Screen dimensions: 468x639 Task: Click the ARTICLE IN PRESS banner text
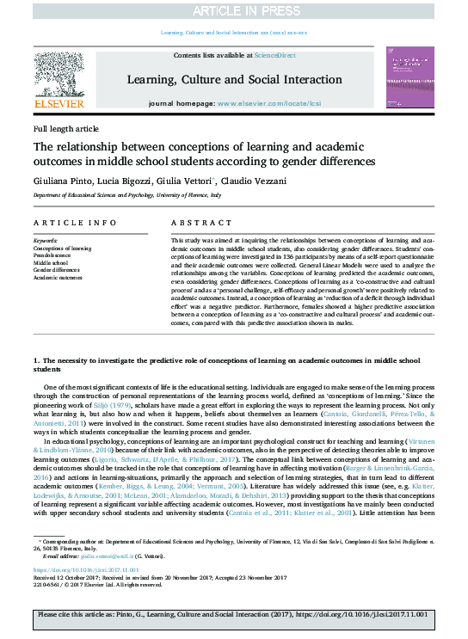233,11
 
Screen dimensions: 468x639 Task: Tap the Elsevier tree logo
58,75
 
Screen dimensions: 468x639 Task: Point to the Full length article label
66,127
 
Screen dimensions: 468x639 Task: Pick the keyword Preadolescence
52,255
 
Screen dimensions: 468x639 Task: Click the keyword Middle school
51,263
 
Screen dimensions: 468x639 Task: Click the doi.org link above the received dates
74,569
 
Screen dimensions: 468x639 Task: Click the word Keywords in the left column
46,241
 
